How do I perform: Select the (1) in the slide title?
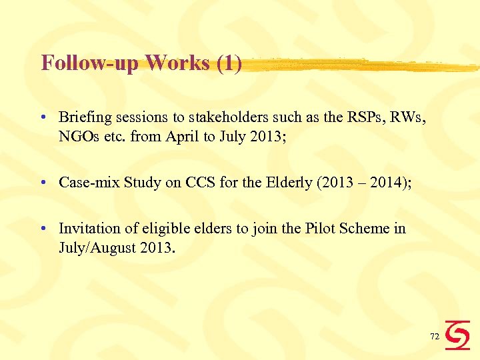[x=229, y=63]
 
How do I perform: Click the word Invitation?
[x=87, y=229]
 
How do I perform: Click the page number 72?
[x=435, y=337]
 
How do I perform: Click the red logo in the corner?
[x=458, y=335]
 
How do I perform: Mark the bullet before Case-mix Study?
[x=42, y=182]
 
